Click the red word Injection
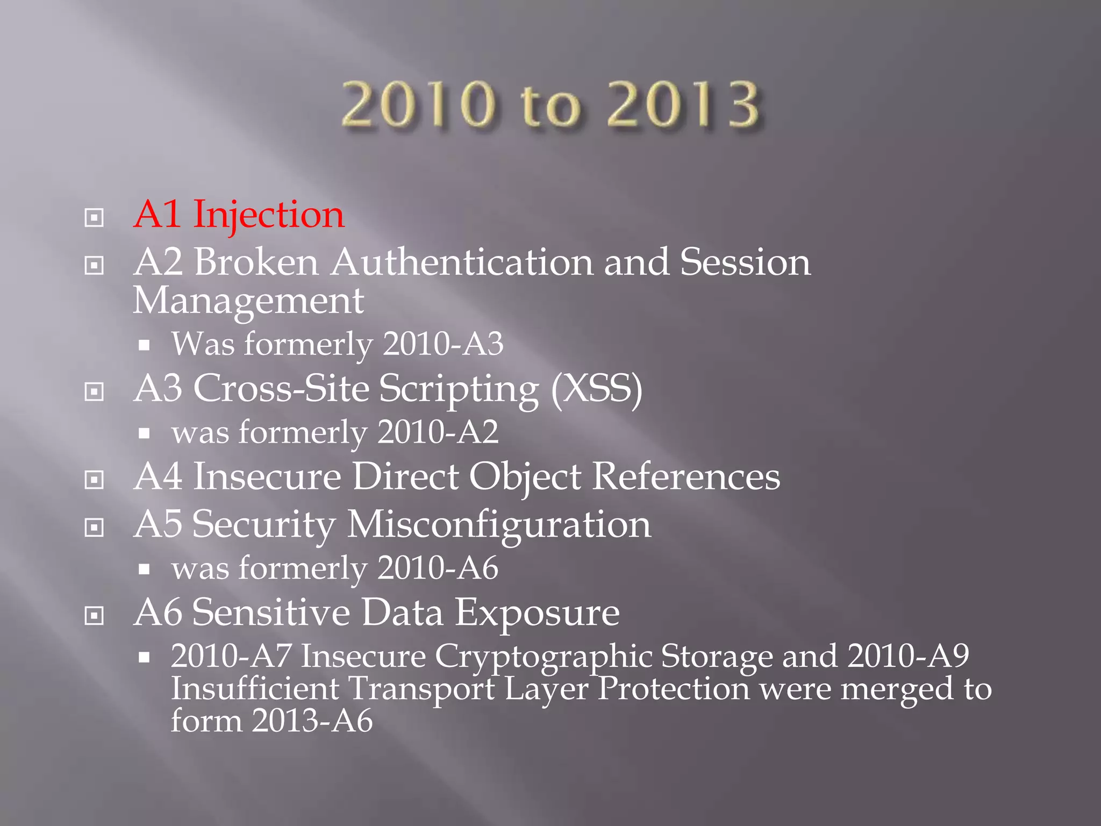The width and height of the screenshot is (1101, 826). coord(268,215)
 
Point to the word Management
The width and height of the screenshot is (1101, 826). coord(248,301)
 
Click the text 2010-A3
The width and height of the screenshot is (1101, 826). coord(443,344)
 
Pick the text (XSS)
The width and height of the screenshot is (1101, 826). coord(597,388)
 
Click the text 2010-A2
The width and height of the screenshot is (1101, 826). coord(438,432)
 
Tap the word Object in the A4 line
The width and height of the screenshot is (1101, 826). coord(525,477)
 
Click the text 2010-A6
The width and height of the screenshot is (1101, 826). coord(438,568)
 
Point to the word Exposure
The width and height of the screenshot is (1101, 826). coord(537,613)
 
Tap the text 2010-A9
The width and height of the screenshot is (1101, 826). coord(908,656)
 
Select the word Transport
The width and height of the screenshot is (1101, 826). coord(421,689)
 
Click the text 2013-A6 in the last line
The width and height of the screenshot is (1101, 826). coord(312,721)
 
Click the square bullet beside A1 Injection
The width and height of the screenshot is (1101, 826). coord(94,218)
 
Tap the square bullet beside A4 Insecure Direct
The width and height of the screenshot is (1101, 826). coord(94,480)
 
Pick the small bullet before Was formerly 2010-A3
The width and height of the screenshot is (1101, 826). coord(144,345)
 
